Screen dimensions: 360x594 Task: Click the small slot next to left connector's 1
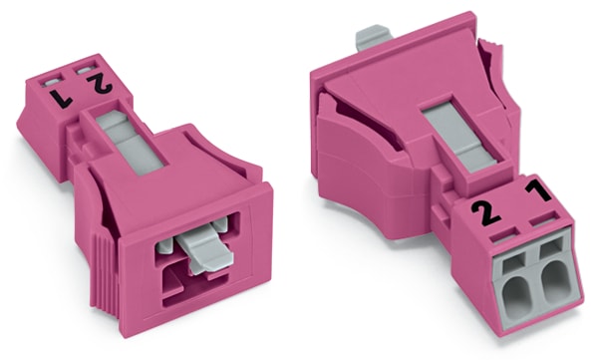[x=53, y=76]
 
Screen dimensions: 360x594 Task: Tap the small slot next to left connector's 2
[x=87, y=65]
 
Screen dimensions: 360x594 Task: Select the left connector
[x=149, y=189]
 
